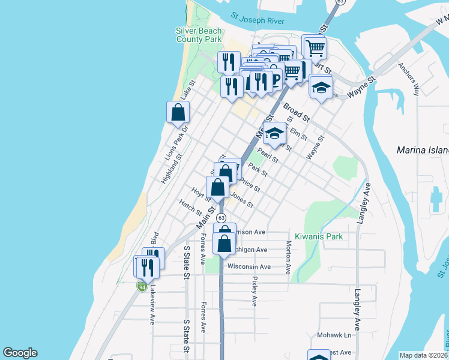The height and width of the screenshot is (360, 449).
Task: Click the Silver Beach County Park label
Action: point(199,35)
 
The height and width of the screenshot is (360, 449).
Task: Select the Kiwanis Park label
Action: point(319,236)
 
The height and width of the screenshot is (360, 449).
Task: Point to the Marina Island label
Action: point(423,149)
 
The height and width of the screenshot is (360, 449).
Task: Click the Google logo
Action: point(20,353)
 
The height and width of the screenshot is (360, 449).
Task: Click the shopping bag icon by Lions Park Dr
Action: point(178,112)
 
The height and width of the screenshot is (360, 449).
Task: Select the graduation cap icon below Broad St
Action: point(275,133)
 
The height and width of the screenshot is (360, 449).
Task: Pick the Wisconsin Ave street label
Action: point(249,266)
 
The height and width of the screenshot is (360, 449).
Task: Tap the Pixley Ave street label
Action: point(255,292)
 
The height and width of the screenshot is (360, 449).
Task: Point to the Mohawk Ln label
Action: point(334,335)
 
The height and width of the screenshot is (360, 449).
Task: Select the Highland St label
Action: point(170,170)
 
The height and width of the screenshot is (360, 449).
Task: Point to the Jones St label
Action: point(243,200)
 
